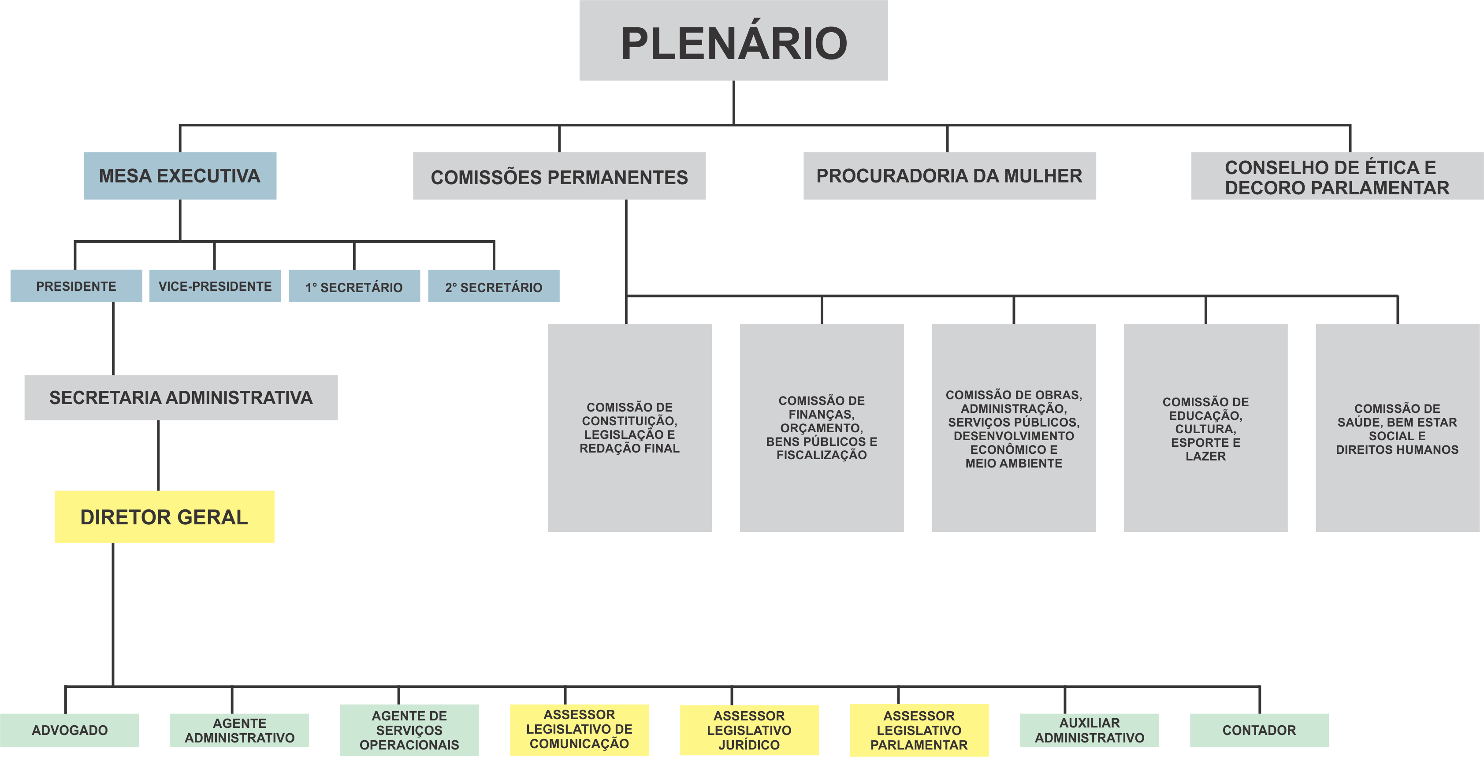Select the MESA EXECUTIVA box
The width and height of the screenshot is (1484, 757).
click(180, 176)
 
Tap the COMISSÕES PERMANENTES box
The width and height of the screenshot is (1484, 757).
click(559, 176)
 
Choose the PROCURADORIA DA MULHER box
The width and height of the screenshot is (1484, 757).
click(949, 176)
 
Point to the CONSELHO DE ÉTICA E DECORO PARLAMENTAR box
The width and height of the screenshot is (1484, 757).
click(1336, 176)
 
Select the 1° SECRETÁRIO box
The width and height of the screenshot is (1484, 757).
click(354, 286)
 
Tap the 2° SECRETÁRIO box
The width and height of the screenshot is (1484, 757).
click(494, 286)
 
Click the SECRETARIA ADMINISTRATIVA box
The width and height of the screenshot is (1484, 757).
click(181, 397)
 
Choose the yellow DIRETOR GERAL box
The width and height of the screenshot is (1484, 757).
click(164, 517)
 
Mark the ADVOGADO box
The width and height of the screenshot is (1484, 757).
click(70, 730)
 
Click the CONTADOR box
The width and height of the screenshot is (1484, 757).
click(1259, 730)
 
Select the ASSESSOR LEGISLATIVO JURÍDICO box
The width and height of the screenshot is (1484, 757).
click(749, 730)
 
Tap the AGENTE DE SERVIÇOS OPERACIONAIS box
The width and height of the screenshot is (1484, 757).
click(409, 730)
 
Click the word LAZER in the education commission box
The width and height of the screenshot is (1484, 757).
click(1205, 456)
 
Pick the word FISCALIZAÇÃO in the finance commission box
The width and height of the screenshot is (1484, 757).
click(822, 455)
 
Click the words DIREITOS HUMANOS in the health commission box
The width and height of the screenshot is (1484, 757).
click(1397, 449)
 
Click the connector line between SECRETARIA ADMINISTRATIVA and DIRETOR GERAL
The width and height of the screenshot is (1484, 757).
click(158, 455)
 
